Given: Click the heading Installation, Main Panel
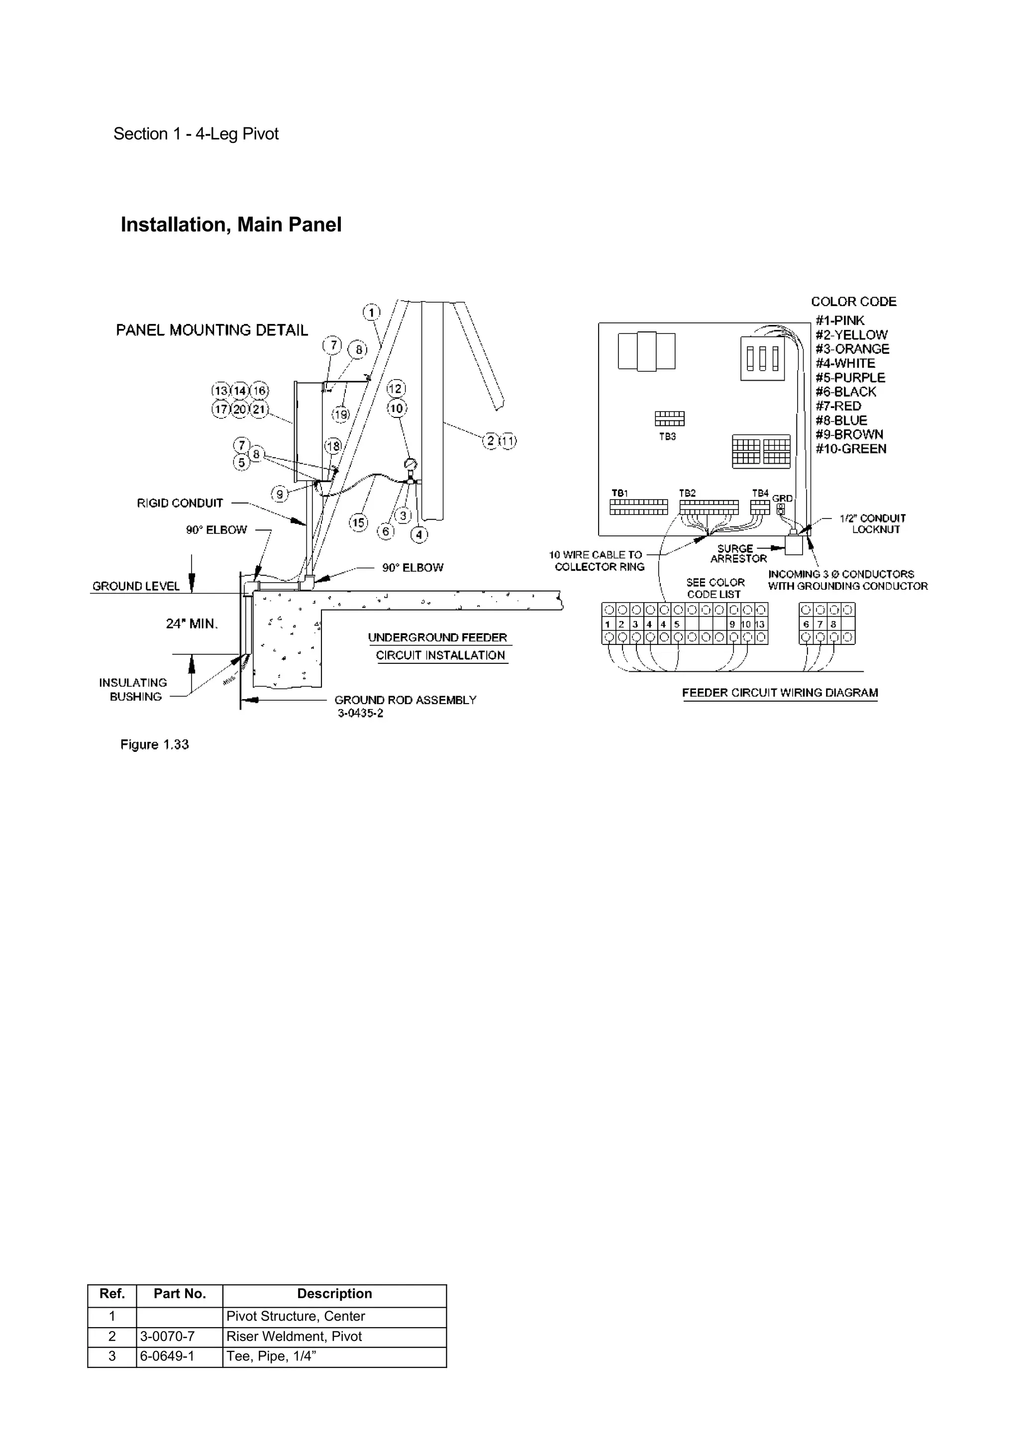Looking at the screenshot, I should click(x=231, y=225).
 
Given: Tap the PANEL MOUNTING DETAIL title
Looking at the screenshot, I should click(x=211, y=330).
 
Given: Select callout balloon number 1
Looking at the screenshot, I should click(x=371, y=312).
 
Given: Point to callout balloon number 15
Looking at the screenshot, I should click(x=358, y=522).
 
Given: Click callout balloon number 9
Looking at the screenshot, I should click(x=280, y=494).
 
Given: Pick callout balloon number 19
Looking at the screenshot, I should click(x=341, y=414).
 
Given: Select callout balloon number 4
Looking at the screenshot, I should click(x=419, y=535).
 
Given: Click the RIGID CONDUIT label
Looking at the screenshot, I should click(x=180, y=503).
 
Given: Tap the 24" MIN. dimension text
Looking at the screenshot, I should click(x=192, y=623).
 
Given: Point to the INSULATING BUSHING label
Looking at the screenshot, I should click(x=133, y=690).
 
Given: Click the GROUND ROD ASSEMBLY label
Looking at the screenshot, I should click(x=405, y=700).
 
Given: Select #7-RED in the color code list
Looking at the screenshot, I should click(x=838, y=406).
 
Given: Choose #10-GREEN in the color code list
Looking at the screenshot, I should click(x=851, y=449).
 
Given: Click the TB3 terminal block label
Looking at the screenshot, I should click(x=667, y=436).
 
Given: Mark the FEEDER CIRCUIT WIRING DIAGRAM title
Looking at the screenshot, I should click(x=780, y=693).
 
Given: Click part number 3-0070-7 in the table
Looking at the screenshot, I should click(x=167, y=1336).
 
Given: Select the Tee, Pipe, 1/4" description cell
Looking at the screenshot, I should click(x=271, y=1356).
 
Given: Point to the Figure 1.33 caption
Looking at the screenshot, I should click(x=154, y=745).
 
